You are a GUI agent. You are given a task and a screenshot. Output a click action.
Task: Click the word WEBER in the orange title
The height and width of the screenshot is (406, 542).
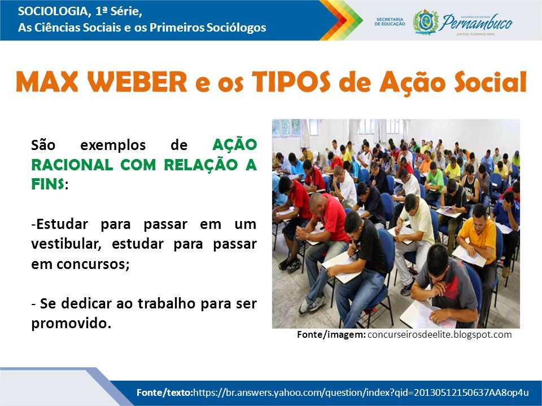(137, 82)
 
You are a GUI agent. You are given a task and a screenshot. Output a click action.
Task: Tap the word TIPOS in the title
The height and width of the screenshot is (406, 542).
(291, 82)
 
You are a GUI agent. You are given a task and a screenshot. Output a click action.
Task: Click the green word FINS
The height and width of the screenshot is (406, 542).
(47, 185)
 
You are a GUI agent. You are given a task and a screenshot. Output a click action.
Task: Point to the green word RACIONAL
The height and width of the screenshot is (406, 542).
(72, 165)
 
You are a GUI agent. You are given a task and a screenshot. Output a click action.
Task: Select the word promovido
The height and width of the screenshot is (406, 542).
(71, 324)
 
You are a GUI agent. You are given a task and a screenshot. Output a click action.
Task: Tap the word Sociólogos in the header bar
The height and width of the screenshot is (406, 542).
(237, 27)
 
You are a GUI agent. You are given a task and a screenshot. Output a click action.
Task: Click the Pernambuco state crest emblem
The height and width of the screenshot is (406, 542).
(426, 22)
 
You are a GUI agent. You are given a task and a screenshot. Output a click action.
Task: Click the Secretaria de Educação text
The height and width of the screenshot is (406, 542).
(390, 22)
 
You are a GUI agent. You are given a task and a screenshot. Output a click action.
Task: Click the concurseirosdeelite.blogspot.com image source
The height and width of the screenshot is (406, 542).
(439, 334)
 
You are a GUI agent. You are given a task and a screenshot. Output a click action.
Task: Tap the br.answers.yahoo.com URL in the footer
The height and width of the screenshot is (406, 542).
(361, 392)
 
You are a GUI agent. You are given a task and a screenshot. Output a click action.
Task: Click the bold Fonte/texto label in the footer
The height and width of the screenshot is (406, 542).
(164, 392)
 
